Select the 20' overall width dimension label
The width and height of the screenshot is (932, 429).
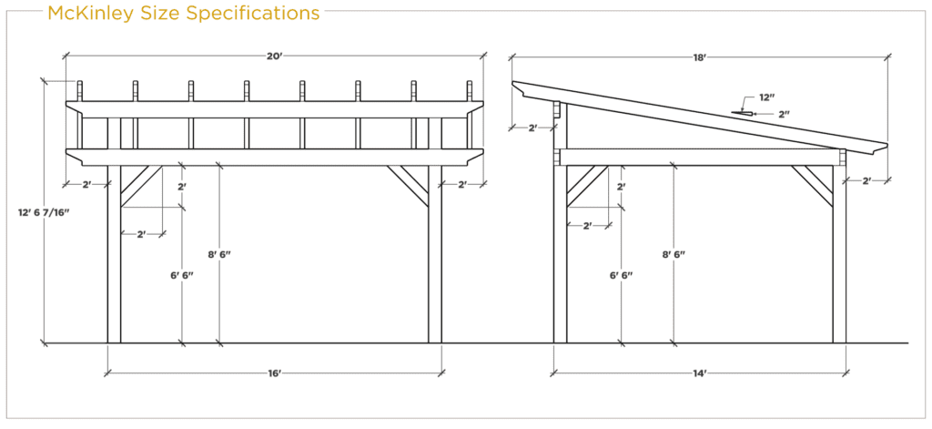coord(274,56)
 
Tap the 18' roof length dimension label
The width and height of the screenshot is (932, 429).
coord(700,57)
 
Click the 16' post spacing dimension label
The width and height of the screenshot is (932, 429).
coord(274,373)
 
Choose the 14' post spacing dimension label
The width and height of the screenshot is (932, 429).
coord(700,373)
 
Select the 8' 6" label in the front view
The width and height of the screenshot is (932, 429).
coord(219,255)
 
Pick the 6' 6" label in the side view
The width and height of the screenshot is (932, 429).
coord(621,275)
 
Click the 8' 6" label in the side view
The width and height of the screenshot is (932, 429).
coord(674,255)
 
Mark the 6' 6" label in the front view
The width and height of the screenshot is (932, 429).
coord(182,275)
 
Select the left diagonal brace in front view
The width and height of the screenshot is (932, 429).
coord(141,186)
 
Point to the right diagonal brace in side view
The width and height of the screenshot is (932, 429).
coord(812,186)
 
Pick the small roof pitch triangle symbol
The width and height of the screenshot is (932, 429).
coord(742,112)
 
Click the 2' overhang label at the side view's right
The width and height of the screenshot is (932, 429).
coord(866,181)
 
